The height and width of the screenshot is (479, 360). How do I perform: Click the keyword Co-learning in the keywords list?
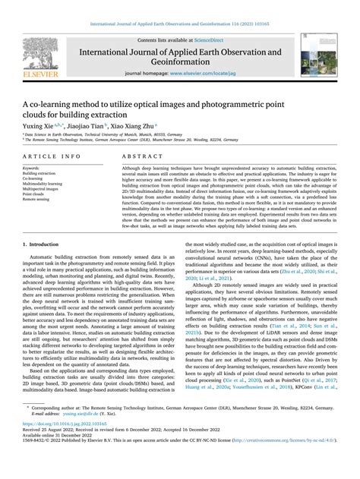[x=34, y=178]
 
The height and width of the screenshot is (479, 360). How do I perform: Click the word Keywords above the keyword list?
[x=32, y=167]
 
